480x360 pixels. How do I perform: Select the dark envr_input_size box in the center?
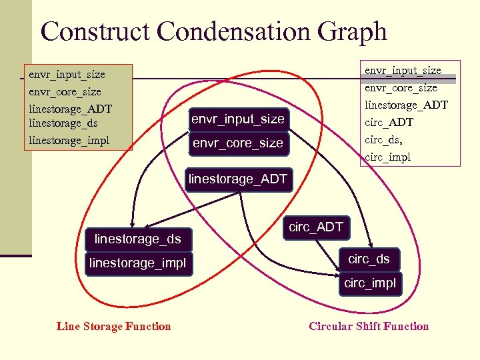pos(237,119)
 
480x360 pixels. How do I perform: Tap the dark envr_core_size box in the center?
pos(237,143)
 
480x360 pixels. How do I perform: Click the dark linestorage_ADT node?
pos(238,179)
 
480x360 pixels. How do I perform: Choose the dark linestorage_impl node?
pos(137,263)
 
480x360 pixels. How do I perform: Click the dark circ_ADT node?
pos(315,227)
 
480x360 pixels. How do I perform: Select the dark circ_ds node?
pos(369,259)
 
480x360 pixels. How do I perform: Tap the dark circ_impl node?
pos(369,283)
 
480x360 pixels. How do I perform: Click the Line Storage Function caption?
pos(114,326)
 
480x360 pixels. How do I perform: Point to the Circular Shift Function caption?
pos(369,326)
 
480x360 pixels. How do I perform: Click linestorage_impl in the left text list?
pos(69,140)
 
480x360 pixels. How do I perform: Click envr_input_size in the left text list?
pos(67,74)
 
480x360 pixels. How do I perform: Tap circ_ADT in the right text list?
pos(389,123)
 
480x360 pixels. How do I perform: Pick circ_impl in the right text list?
pos(387,157)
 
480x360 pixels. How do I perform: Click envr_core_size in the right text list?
pos(401,87)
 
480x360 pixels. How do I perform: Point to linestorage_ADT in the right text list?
pos(406,105)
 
